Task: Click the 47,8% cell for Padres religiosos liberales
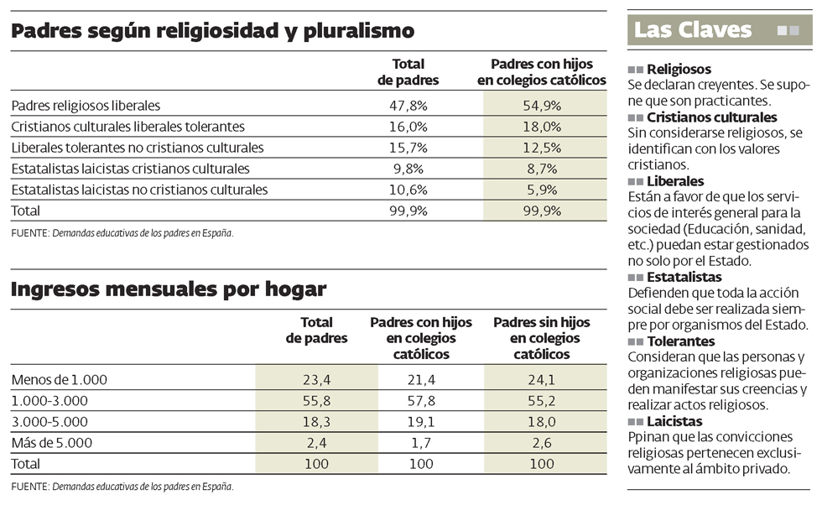pos(408,106)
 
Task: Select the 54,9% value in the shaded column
pos(542,106)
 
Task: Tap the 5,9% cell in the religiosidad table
pos(542,190)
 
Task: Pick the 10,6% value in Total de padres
pos(408,190)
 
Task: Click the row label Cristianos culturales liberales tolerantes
pos(127,127)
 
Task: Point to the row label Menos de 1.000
pos(60,379)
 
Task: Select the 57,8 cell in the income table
pos(420,400)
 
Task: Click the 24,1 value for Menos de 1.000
pos(541,379)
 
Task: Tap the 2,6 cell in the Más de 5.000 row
pos(541,442)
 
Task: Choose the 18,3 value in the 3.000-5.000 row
pos(316,421)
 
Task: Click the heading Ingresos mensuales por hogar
pos(169,289)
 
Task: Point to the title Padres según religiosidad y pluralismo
pos(213,32)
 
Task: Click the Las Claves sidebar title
pos(693,30)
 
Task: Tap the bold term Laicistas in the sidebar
pos(674,421)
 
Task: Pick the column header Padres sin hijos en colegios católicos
pos(541,338)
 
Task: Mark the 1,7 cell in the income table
pos(420,442)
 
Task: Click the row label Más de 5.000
pos(51,442)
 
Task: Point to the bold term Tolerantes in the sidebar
pos(681,341)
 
